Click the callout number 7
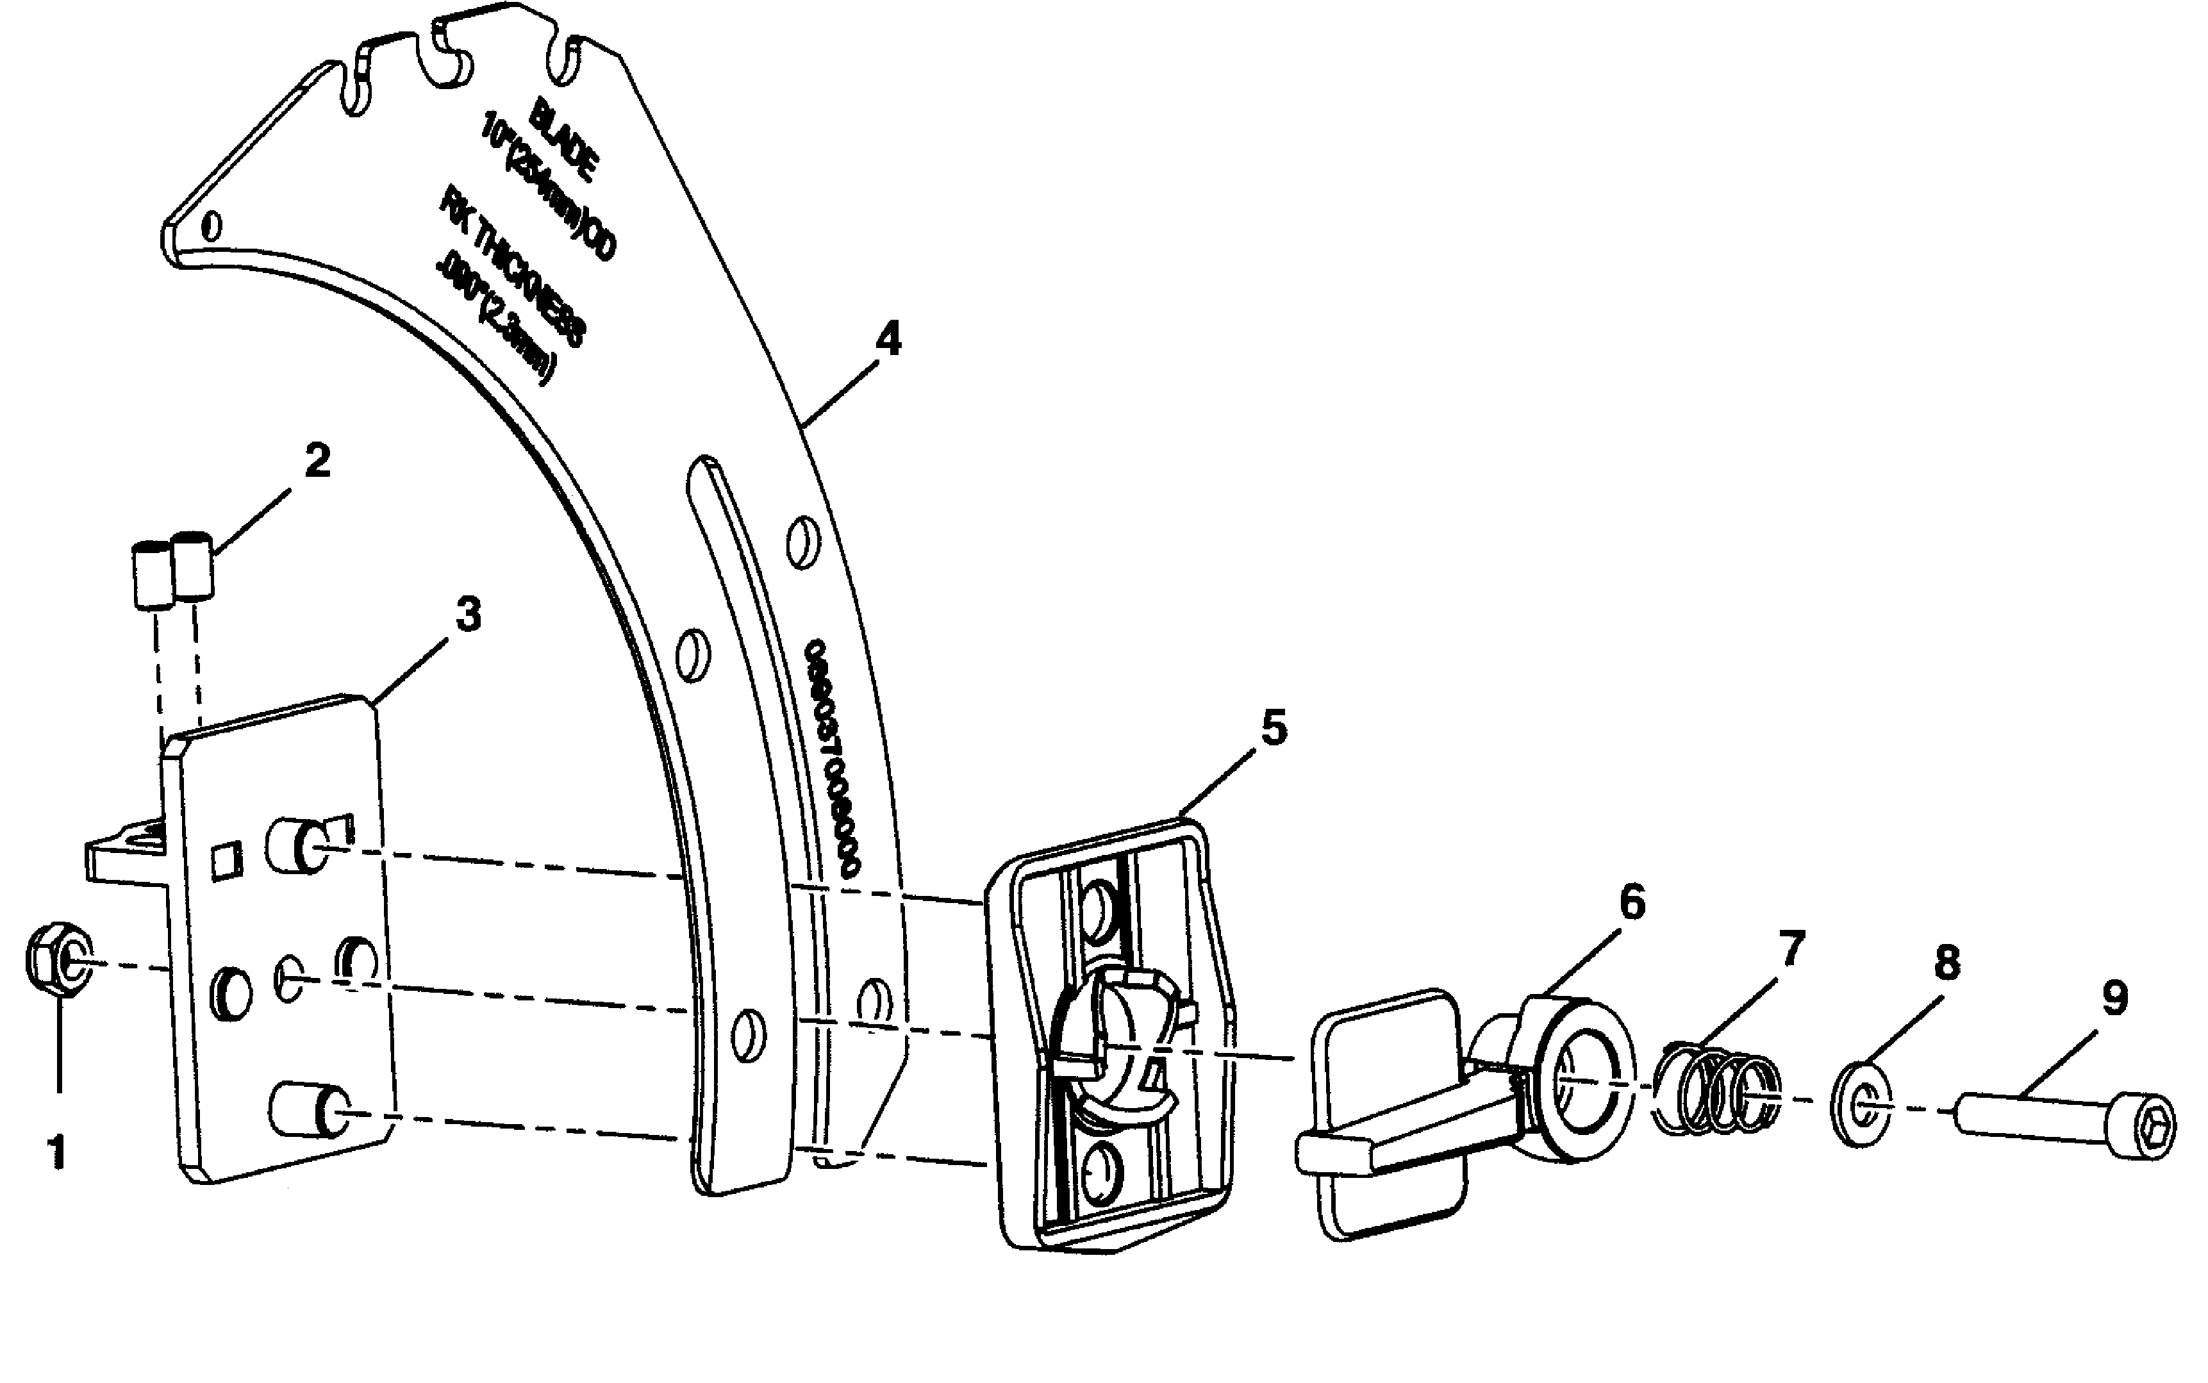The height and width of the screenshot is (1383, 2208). click(x=1790, y=948)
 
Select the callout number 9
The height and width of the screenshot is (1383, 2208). click(x=2113, y=998)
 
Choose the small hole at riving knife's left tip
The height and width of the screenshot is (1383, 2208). click(x=212, y=224)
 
